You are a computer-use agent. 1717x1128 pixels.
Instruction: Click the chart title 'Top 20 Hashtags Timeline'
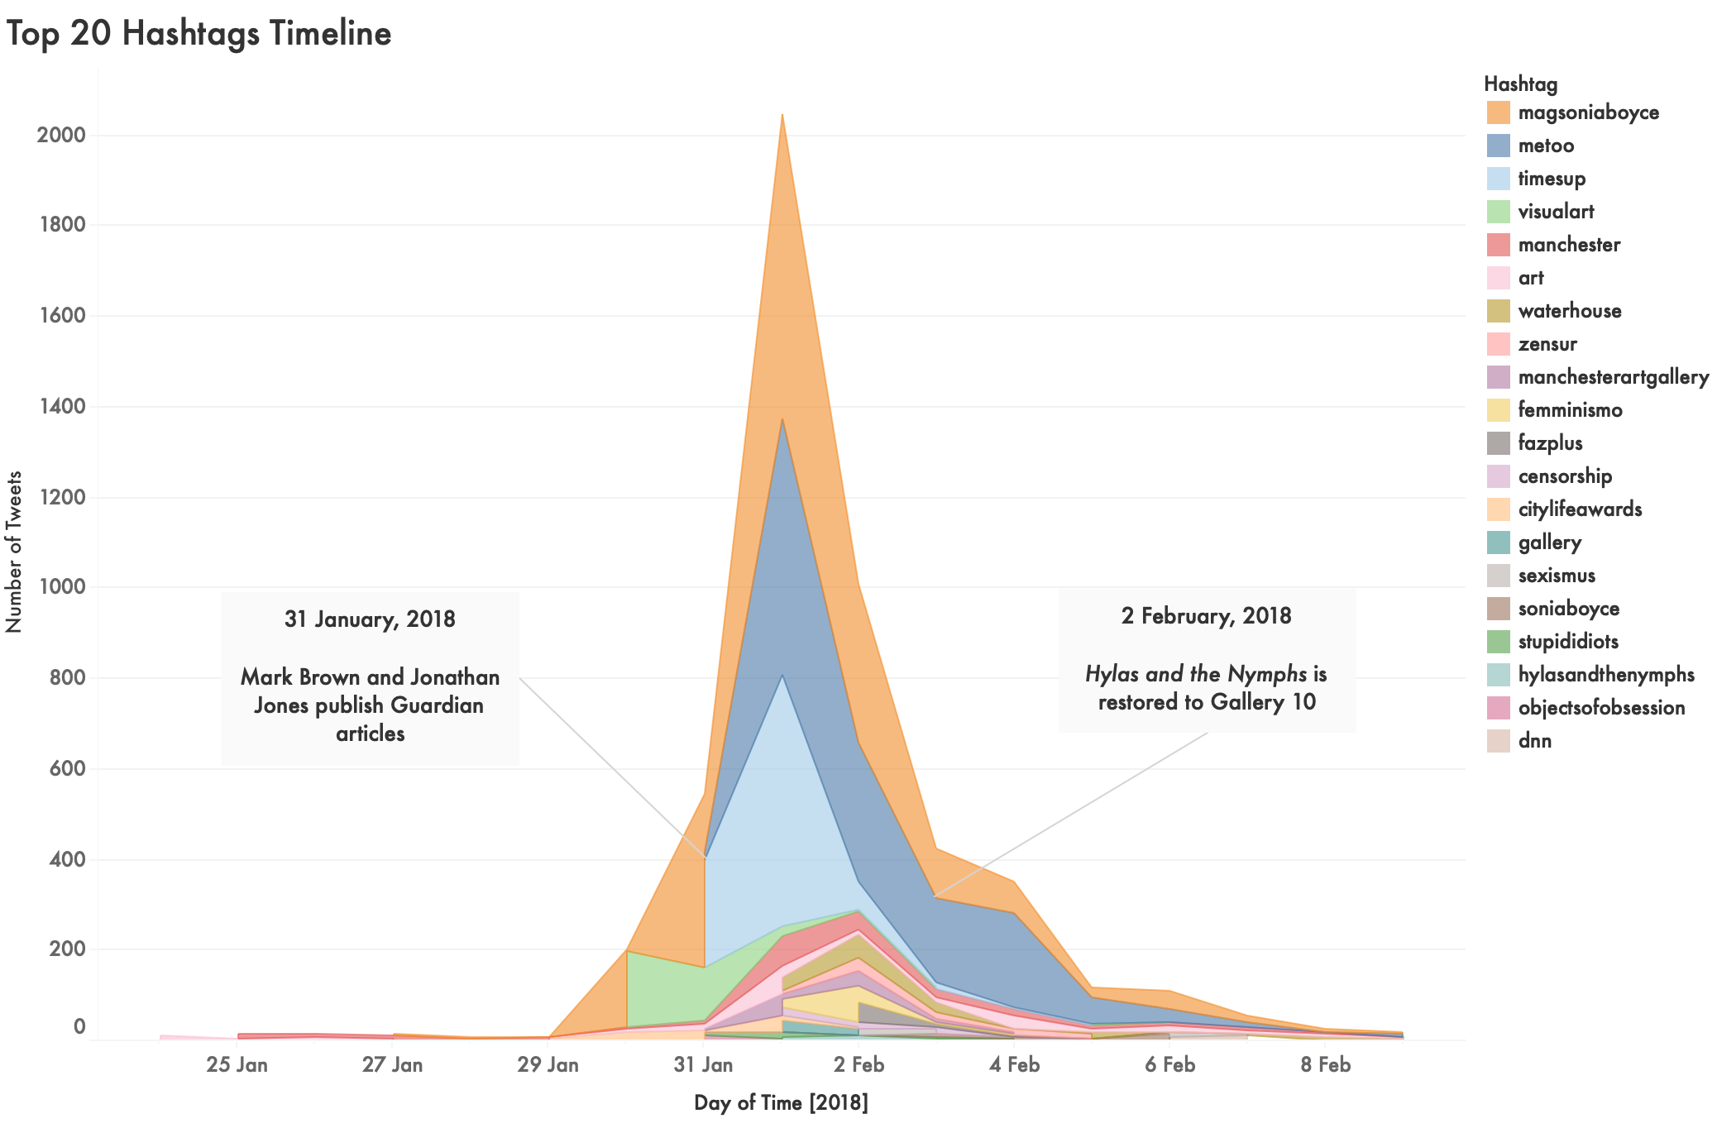tap(198, 34)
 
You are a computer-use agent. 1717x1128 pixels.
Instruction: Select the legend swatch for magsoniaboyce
tap(1498, 112)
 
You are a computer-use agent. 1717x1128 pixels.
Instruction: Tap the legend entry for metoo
tap(1546, 146)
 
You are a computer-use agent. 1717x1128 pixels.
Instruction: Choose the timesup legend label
tap(1552, 179)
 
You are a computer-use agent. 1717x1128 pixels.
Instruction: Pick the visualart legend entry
tap(1556, 212)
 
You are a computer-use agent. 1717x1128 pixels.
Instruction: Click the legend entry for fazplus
tap(1550, 443)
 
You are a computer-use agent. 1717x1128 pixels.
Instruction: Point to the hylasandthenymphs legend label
tap(1606, 675)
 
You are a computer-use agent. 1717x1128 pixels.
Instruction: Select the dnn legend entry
tap(1534, 741)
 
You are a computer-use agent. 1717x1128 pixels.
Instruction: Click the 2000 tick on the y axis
tap(61, 135)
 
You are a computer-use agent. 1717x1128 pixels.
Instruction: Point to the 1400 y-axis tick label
tap(61, 406)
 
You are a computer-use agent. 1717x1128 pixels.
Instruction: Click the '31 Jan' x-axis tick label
tap(703, 1064)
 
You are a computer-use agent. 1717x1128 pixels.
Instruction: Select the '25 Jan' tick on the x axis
tap(237, 1064)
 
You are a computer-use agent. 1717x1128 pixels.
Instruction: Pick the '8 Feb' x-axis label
tap(1325, 1064)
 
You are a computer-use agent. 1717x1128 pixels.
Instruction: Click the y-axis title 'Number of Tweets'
tap(14, 552)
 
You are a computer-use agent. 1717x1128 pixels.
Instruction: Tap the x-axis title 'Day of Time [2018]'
tap(781, 1102)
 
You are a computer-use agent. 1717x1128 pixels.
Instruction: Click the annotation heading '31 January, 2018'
tap(370, 619)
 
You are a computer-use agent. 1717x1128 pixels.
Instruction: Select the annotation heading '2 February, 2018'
tap(1206, 616)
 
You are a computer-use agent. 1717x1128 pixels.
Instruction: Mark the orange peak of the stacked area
tap(782, 117)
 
